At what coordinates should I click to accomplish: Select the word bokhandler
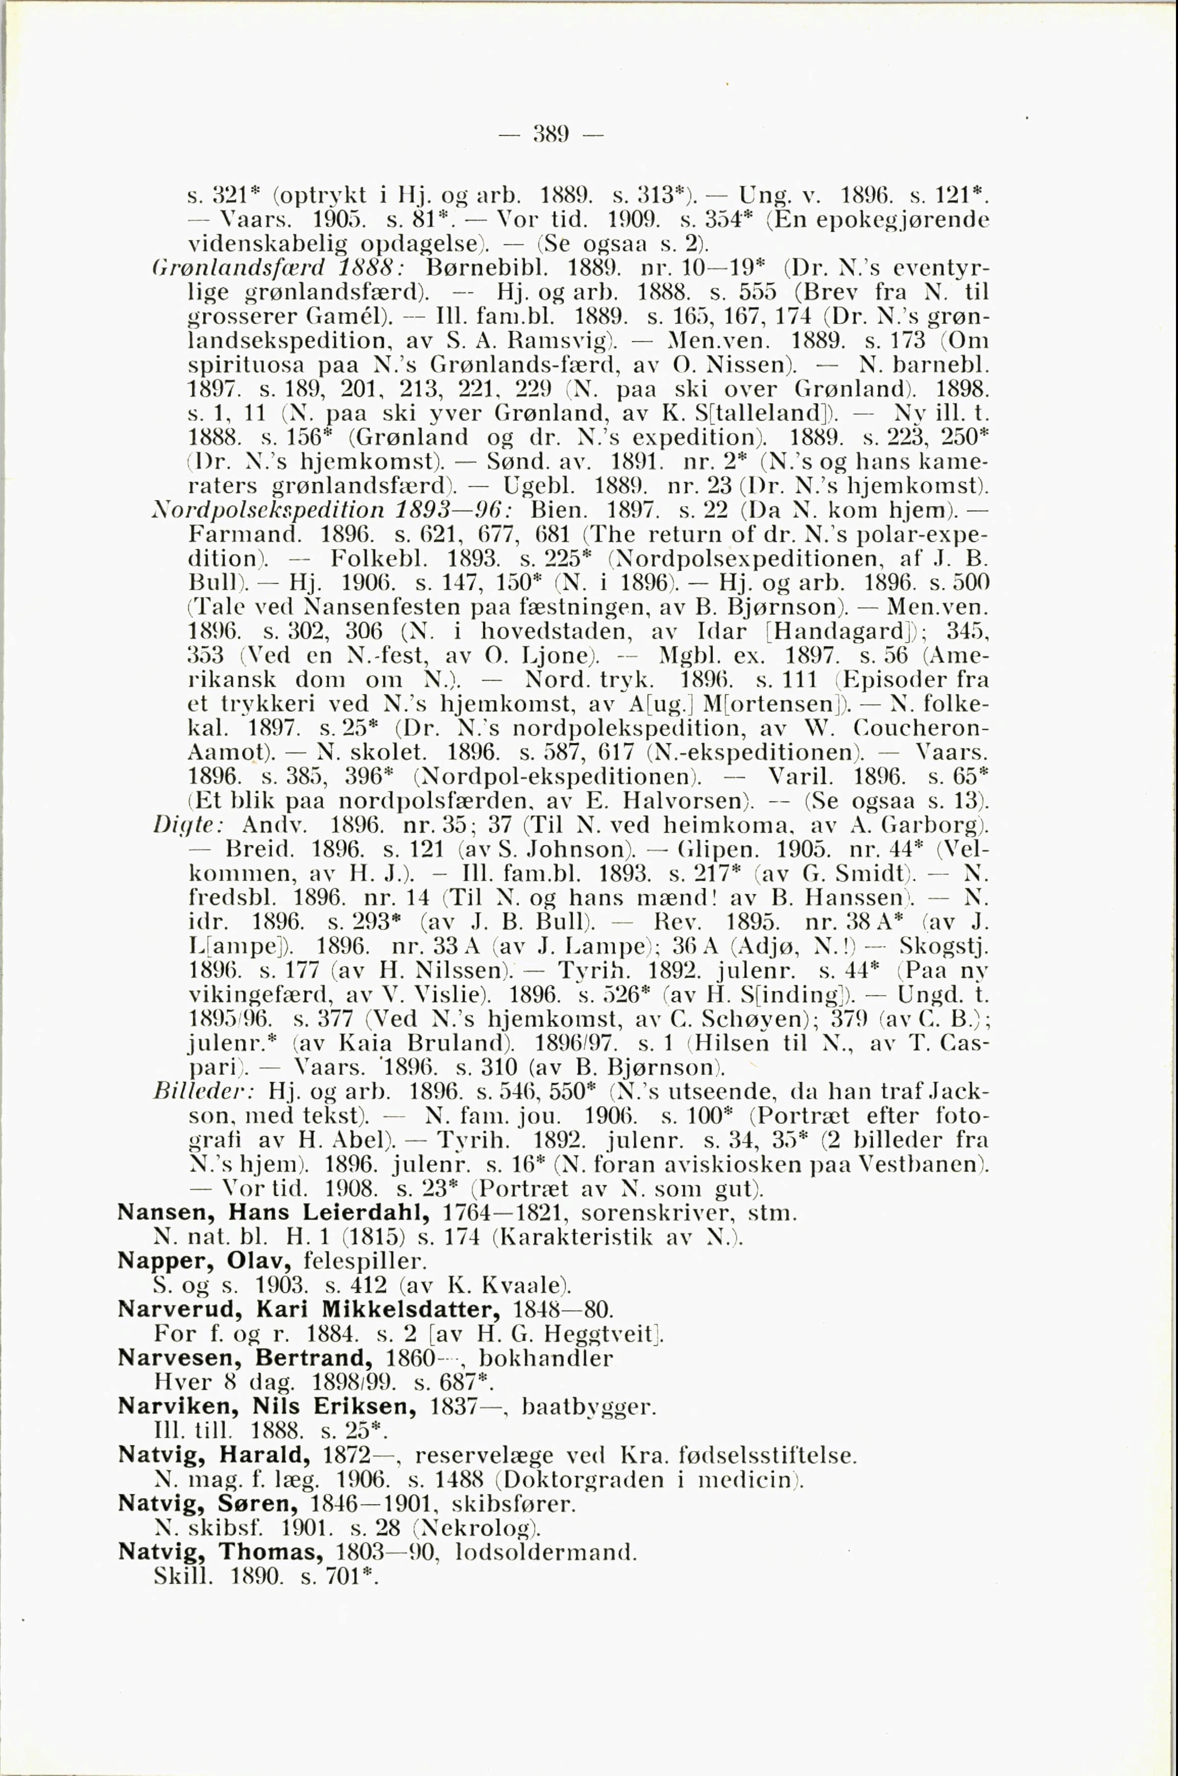click(x=546, y=1358)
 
